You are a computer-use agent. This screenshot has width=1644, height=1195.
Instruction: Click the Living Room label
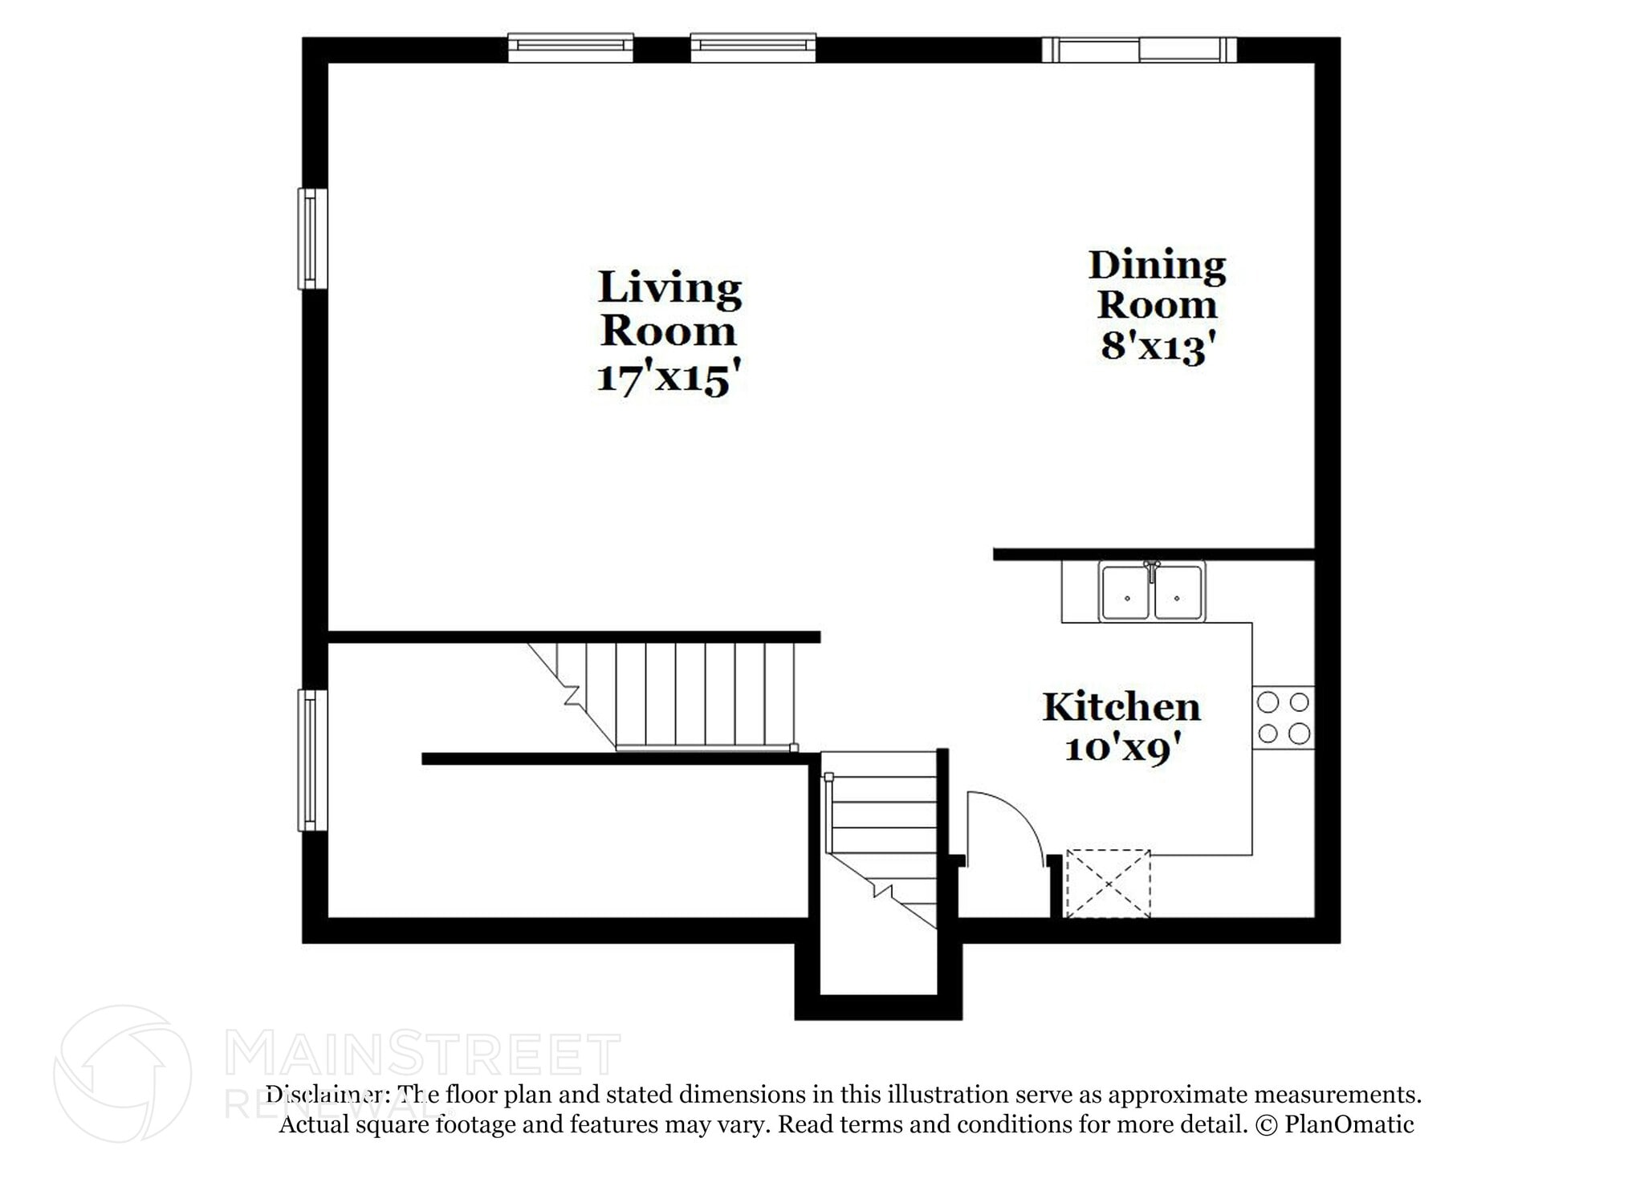click(669, 309)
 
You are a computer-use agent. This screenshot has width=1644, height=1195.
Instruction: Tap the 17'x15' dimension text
click(667, 377)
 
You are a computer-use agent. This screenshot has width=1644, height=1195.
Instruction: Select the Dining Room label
click(1157, 285)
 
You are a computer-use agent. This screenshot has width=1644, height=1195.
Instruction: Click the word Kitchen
click(1121, 708)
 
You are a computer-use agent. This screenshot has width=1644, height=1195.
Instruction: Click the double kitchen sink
click(1152, 593)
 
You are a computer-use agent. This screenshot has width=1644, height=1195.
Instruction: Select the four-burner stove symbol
click(1283, 717)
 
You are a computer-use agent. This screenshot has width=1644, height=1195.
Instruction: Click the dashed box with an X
click(1108, 884)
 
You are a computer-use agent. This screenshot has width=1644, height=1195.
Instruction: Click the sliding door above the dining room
click(1138, 50)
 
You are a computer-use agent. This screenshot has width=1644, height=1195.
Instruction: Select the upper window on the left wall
click(312, 238)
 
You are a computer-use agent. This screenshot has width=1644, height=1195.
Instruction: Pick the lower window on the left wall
click(312, 760)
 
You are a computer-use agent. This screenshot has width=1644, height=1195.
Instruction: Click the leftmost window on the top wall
click(571, 48)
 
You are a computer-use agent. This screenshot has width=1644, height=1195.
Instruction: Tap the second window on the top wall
click(753, 48)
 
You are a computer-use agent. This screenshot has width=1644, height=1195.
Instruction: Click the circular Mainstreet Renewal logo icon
click(122, 1073)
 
